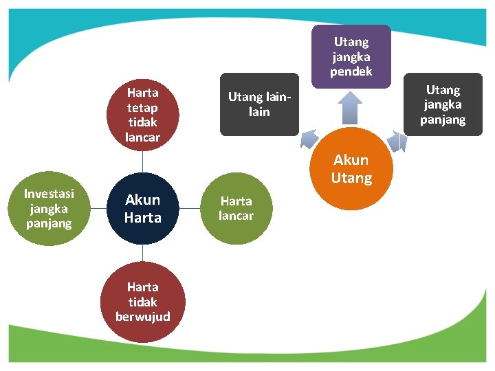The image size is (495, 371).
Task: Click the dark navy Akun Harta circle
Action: tap(143, 208)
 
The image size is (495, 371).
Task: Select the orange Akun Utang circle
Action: tap(351, 169)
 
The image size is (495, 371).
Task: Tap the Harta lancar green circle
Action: tap(236, 208)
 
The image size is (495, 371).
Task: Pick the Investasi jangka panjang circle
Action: tap(49, 208)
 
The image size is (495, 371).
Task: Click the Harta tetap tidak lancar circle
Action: tap(143, 115)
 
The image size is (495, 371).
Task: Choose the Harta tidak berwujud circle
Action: tap(143, 302)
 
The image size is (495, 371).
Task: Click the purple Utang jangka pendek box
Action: tap(351, 56)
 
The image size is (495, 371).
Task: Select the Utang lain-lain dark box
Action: tap(259, 104)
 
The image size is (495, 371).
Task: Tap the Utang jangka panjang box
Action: tap(443, 104)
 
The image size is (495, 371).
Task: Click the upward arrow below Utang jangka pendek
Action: tap(351, 108)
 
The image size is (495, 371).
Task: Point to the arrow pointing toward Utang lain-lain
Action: tap(309, 139)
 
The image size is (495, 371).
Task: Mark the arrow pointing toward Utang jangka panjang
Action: tap(395, 142)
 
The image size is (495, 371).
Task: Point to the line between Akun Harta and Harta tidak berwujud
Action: tap(143, 253)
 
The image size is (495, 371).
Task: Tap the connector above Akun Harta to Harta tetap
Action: tap(143, 161)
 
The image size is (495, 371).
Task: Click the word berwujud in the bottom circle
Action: tap(143, 317)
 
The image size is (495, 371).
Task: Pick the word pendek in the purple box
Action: tap(351, 71)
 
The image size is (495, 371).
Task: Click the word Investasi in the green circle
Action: tap(49, 194)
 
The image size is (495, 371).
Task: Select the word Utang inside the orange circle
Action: tap(351, 179)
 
